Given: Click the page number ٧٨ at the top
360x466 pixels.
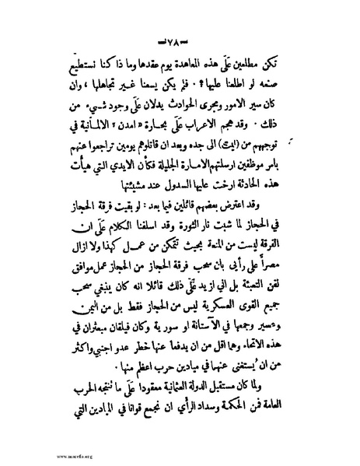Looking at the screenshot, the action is pos(180,40).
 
